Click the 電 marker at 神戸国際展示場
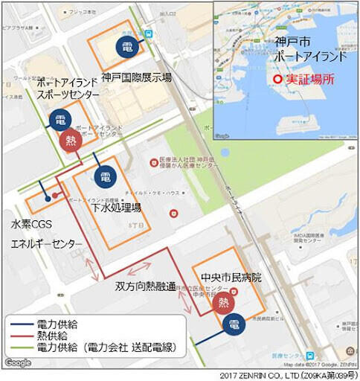(128, 47)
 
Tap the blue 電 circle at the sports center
(60, 121)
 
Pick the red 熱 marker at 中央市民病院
(222, 302)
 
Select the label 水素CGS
(31, 224)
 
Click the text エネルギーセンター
(46, 243)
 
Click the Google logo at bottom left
(18, 362)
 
